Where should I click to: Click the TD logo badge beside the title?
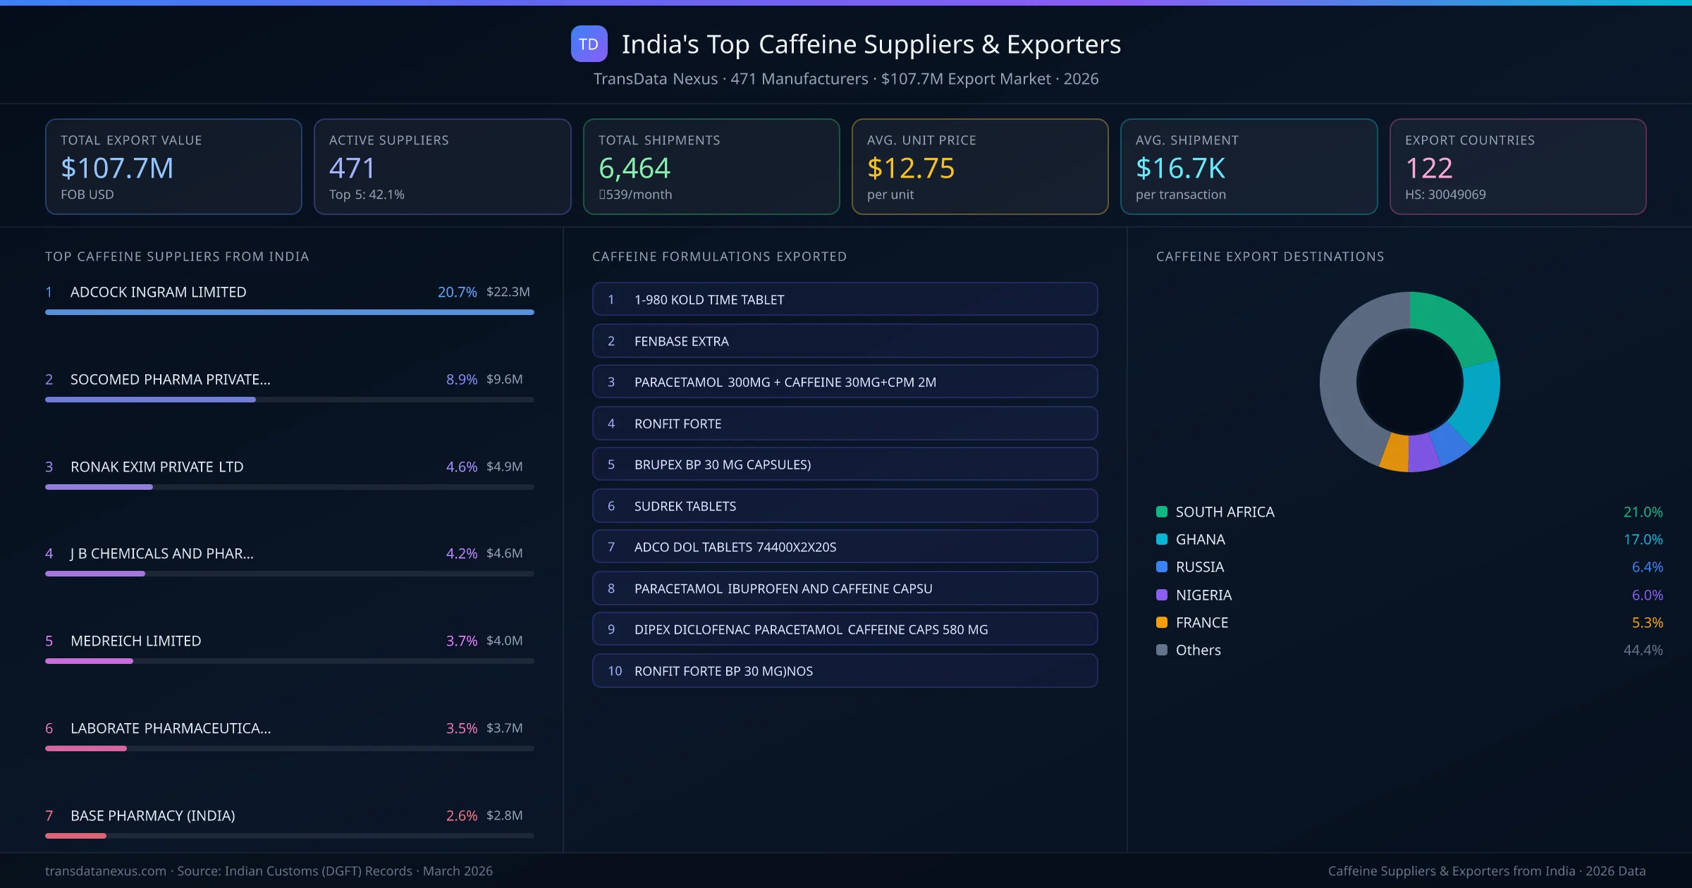[589, 44]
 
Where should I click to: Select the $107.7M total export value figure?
[117, 168]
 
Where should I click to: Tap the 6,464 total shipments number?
[634, 168]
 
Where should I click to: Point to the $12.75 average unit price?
[910, 168]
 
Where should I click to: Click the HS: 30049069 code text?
[1445, 195]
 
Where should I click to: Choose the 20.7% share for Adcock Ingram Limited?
[457, 292]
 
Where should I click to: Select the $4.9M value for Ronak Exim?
[504, 467]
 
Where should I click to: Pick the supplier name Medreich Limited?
[135, 641]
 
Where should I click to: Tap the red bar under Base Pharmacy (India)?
[76, 836]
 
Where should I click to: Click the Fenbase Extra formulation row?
[845, 341]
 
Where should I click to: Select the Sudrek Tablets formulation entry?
[845, 506]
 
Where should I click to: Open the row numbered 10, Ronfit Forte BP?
[845, 671]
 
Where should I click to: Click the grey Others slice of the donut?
[1343, 381]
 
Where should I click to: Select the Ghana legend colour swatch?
[1162, 540]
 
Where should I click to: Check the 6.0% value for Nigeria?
[1647, 595]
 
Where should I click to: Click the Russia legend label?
[1199, 567]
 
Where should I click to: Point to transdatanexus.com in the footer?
[106, 871]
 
